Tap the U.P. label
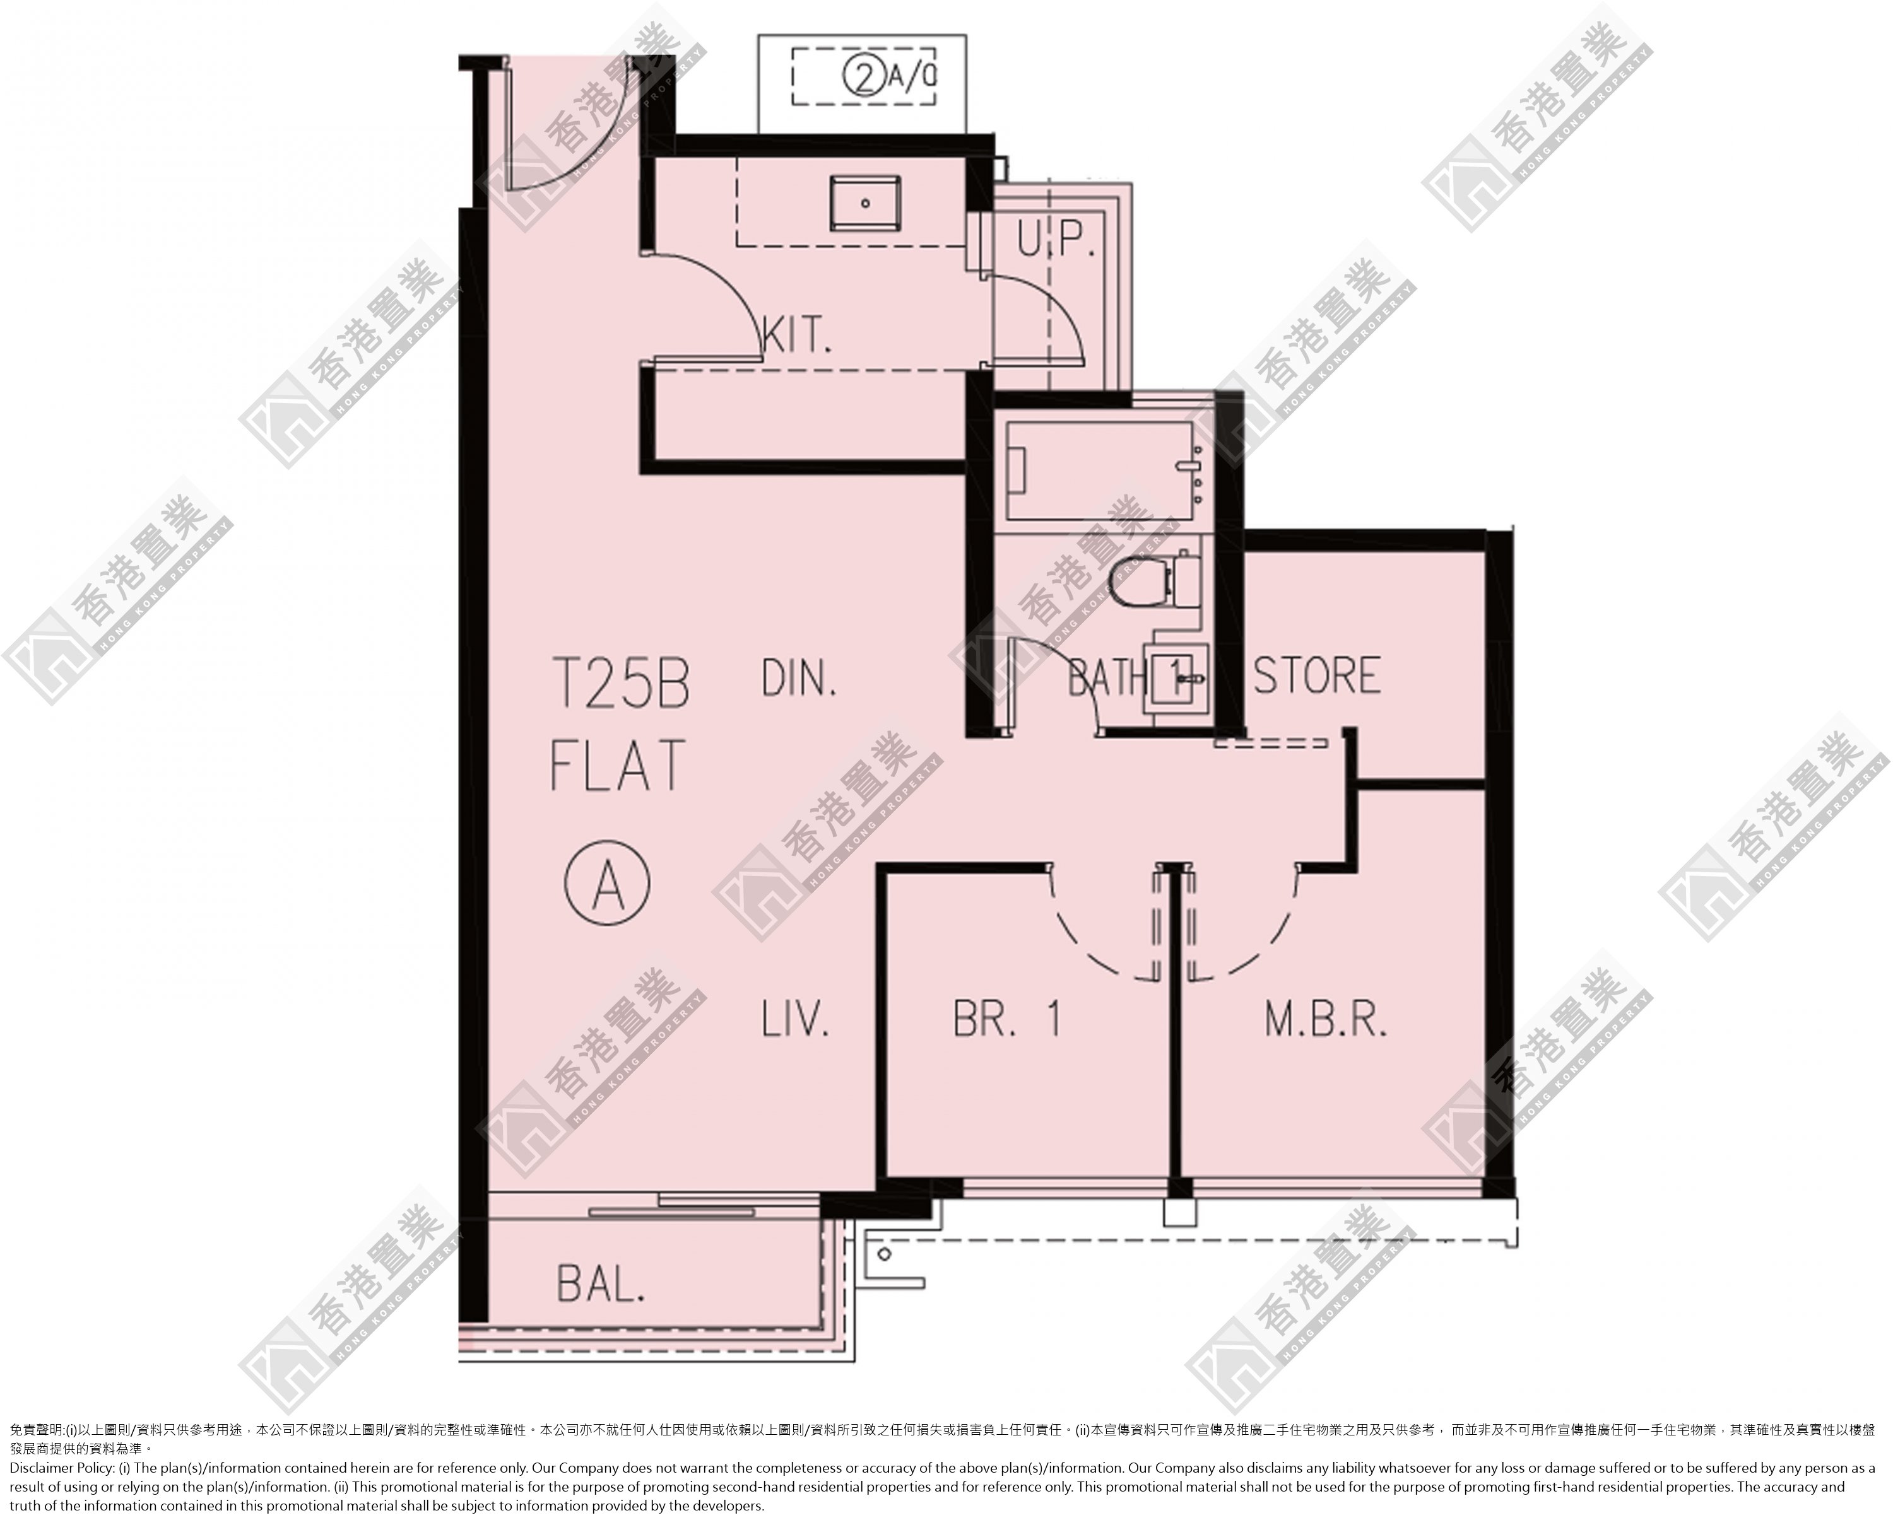pos(1056,239)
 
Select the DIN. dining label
pos(799,679)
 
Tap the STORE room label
pos(1316,675)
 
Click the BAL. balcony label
pos(601,1285)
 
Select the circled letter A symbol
pos(607,884)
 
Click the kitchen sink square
pos(864,203)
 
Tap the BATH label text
pos(1107,678)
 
